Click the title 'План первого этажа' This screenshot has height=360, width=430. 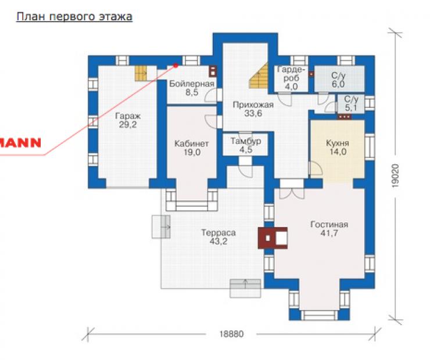tap(74, 17)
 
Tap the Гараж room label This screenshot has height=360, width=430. tap(128, 120)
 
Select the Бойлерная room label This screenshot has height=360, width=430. tap(192, 88)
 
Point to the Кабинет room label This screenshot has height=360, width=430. tap(192, 148)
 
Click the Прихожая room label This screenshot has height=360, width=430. tap(253, 109)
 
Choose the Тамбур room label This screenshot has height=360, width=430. tap(246, 146)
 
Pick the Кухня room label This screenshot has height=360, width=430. tap(338, 147)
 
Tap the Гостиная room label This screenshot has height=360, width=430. tap(329, 229)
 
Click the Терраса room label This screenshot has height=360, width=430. tap(218, 237)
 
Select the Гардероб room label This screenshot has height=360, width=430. tap(291, 78)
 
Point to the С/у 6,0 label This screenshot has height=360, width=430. tap(338, 80)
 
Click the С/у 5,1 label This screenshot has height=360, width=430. tap(351, 103)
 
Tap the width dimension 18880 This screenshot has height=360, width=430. tap(231, 334)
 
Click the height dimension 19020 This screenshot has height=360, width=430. tap(395, 175)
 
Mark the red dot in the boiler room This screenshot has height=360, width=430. tap(176, 65)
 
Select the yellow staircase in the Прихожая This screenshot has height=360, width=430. tap(259, 75)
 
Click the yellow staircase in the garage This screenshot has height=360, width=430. tap(142, 73)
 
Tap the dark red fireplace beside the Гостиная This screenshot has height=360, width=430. tap(273, 238)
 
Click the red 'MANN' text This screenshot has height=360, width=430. tap(20, 143)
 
